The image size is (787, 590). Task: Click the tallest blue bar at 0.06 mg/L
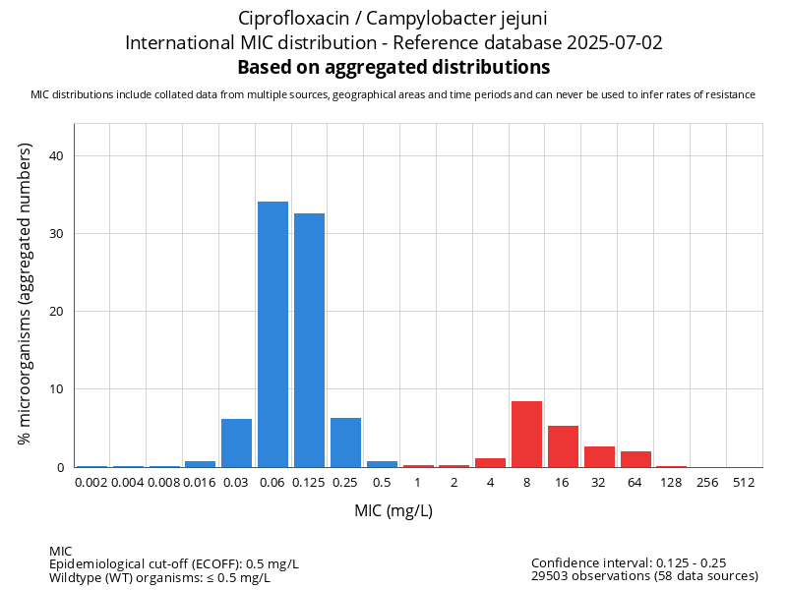272,334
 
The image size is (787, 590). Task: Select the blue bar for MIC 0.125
309,340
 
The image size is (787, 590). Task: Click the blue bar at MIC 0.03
236,443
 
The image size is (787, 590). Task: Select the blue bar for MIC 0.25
345,442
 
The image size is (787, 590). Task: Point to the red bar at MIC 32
599,457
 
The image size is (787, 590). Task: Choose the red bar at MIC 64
636,459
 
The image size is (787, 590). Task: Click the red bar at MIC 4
490,463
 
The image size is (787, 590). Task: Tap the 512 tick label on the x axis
745,483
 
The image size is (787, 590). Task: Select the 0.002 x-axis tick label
91,483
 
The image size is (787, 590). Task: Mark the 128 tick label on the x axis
672,483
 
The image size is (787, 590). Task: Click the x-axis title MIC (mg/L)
393,511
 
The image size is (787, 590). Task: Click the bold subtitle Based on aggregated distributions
393,68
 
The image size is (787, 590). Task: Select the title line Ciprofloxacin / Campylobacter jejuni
393,19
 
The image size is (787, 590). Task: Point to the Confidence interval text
629,563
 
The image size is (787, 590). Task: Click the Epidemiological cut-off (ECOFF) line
174,564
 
